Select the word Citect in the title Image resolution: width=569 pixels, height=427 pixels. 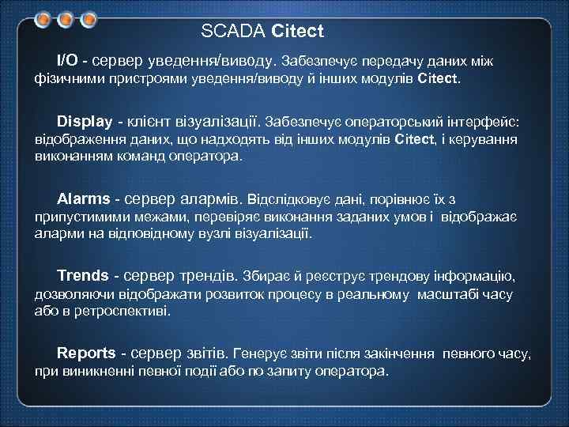click(x=297, y=32)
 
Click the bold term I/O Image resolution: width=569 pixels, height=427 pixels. click(x=67, y=60)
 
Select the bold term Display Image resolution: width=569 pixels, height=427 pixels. click(x=85, y=122)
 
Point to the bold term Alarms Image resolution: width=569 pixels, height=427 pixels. click(x=82, y=198)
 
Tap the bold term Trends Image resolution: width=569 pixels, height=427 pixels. click(x=83, y=275)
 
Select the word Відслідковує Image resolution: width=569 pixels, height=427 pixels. click(x=293, y=198)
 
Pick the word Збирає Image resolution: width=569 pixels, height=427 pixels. click(x=265, y=276)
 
